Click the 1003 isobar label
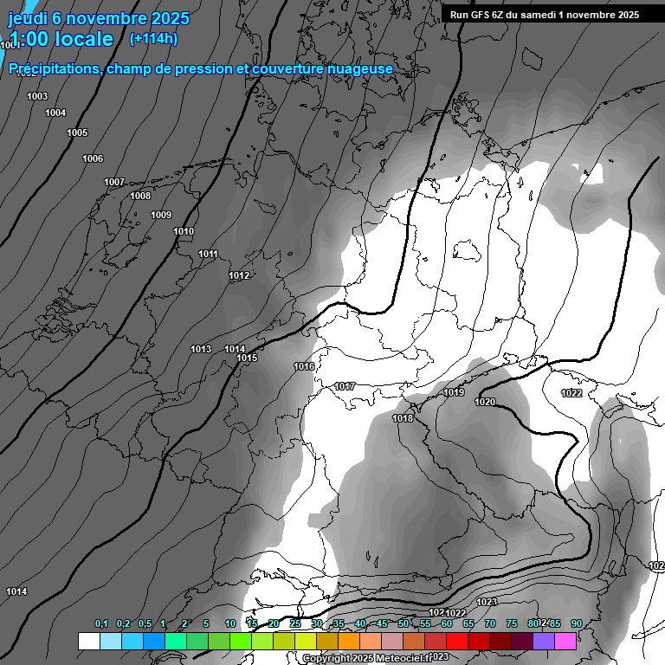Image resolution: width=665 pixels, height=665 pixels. tap(37, 96)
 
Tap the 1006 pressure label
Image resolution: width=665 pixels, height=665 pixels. tap(93, 158)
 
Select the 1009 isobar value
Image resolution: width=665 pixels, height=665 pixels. tap(161, 215)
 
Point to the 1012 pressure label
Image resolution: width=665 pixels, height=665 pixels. tap(239, 275)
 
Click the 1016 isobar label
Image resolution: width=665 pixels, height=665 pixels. tap(304, 366)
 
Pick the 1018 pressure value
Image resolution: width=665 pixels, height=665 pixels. tap(403, 418)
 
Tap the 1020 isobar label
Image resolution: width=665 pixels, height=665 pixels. tap(485, 402)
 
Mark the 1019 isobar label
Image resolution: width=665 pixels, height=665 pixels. tap(454, 392)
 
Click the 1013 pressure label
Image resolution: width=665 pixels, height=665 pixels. tap(201, 349)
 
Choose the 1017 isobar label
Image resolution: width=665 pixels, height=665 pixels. tap(345, 386)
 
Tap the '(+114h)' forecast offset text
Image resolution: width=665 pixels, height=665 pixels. tap(153, 39)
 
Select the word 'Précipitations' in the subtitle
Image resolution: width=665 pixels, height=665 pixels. tap(53, 68)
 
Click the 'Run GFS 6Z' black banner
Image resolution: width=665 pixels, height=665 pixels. tap(544, 14)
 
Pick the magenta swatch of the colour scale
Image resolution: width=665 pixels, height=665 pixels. tap(565, 641)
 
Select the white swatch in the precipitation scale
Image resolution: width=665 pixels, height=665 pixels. tap(88, 641)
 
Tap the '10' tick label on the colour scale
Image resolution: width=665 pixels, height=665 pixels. tap(230, 623)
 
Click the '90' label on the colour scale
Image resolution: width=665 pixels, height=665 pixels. tap(576, 623)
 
